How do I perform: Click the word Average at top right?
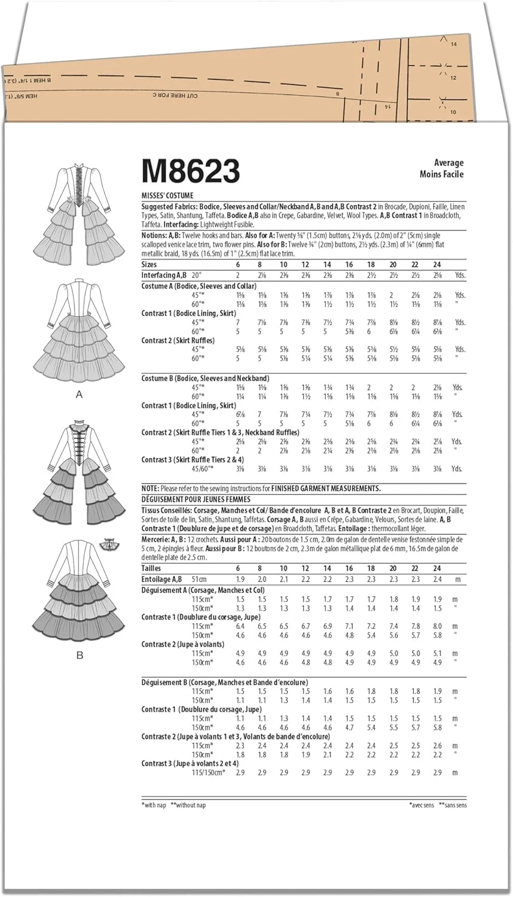(448, 163)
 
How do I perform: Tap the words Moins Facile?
(441, 174)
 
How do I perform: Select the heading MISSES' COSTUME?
(167, 196)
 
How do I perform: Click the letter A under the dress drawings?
(79, 395)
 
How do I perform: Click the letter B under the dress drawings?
(79, 655)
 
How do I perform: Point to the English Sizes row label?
(149, 264)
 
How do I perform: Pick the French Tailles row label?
(151, 568)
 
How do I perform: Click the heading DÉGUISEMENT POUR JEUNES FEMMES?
(196, 499)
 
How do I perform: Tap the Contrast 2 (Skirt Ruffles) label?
(178, 340)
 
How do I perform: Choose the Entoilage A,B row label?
(161, 579)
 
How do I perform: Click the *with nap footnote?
(154, 806)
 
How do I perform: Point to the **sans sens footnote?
(453, 806)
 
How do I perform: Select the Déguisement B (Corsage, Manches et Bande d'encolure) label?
(225, 682)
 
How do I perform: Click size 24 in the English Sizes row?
(436, 264)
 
